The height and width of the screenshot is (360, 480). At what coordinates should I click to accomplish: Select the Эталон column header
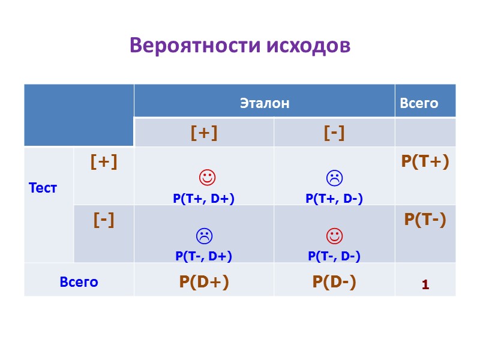[x=265, y=103]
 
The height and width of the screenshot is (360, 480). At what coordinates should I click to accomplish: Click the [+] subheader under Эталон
[x=204, y=133]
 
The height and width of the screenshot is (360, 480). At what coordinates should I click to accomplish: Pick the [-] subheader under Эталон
[x=334, y=133]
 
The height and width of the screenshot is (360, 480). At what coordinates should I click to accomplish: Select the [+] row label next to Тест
[x=104, y=161]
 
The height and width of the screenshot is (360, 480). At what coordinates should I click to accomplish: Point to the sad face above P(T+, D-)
[x=334, y=178]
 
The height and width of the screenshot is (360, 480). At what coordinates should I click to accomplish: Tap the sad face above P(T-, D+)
[x=204, y=236]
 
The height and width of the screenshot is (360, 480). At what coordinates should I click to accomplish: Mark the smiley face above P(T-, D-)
[x=334, y=236]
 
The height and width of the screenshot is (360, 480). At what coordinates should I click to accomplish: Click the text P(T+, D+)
[x=204, y=199]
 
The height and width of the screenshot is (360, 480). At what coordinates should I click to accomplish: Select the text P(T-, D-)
[x=334, y=257]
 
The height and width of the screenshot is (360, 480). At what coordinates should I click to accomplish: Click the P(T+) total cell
[x=425, y=161]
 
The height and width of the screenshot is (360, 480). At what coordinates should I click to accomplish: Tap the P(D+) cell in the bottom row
[x=204, y=282]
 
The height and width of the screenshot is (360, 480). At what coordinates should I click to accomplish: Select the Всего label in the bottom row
[x=79, y=281]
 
